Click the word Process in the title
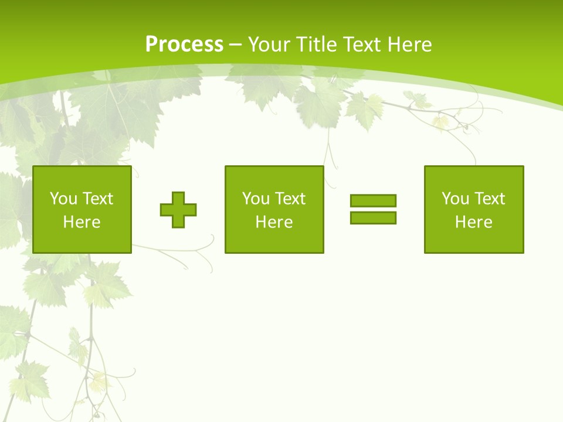click(x=184, y=45)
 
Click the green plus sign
click(x=178, y=210)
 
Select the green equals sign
click(x=373, y=209)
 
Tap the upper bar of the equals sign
click(x=373, y=200)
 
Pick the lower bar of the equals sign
click(x=373, y=217)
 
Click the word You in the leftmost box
click(x=63, y=199)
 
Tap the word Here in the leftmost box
click(x=82, y=222)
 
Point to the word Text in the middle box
click(x=290, y=199)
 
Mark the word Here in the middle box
click(x=274, y=222)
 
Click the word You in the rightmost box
click(x=455, y=199)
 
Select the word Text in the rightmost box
click(x=490, y=199)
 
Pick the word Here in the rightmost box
click(x=474, y=222)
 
